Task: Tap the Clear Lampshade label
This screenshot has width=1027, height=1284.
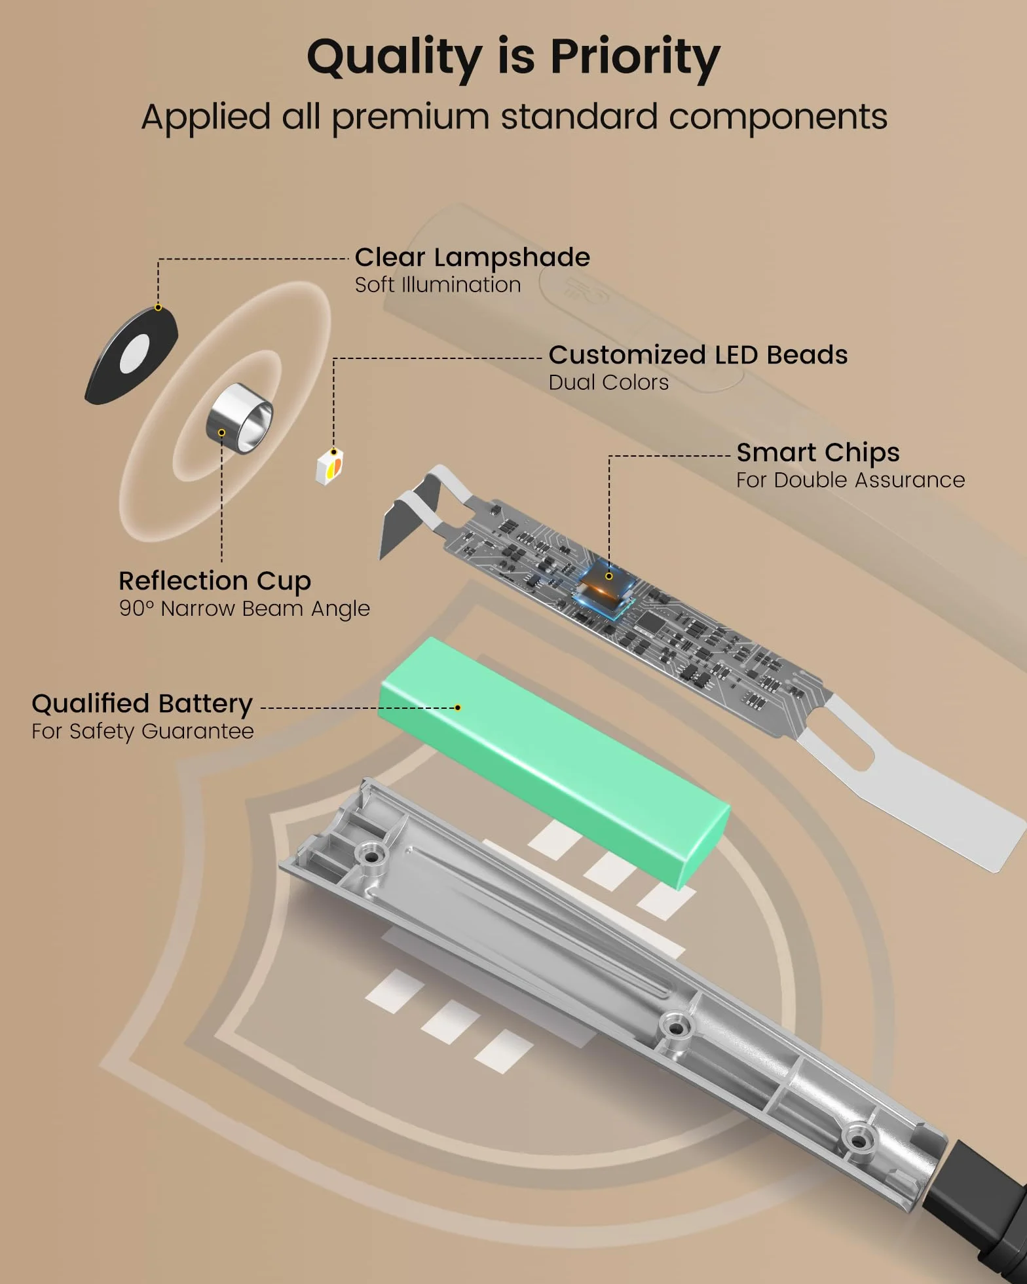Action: [472, 257]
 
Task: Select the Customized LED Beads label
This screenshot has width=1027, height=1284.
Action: [698, 355]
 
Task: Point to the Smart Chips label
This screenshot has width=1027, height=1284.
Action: [818, 453]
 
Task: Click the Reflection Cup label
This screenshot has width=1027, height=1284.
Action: [215, 581]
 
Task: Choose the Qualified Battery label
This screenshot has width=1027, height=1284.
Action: [142, 704]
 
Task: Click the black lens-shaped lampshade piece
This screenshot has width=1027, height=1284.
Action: [132, 354]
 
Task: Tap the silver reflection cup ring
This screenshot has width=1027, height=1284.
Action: [240, 418]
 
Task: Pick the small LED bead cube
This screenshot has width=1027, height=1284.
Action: [329, 467]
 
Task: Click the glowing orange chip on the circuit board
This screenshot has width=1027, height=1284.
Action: [604, 580]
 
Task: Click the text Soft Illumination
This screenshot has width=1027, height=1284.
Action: [438, 285]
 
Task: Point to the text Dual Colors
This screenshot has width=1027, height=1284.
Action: [608, 383]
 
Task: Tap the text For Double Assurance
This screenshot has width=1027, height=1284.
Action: [850, 480]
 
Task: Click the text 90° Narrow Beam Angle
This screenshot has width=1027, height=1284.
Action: [244, 609]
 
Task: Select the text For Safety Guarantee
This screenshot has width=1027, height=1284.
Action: [143, 731]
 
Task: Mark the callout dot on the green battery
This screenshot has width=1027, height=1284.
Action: [458, 708]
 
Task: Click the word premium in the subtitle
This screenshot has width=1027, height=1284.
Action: [411, 118]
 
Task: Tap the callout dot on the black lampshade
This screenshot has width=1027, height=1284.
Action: [158, 308]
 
